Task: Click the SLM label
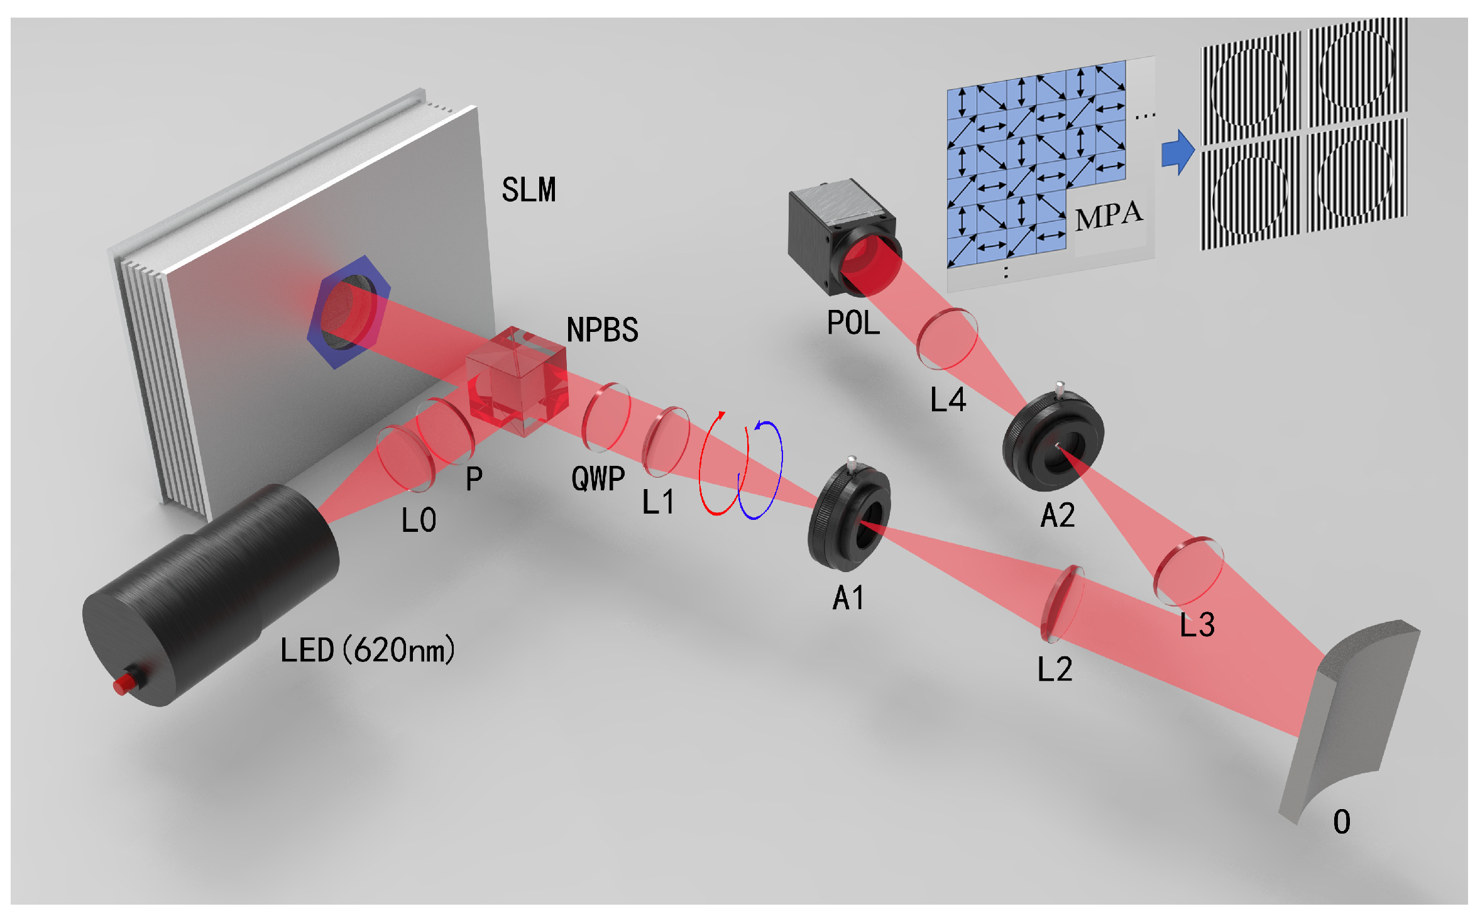coord(529,189)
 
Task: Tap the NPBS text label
coord(601,329)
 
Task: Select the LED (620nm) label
coord(367,650)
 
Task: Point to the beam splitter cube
coord(517,380)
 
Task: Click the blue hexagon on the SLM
coord(349,312)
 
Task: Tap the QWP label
coord(598,478)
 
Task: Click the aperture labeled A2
coord(1053,441)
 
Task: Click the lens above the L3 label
coord(1188,571)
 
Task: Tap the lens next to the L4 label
coord(946,338)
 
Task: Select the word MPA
coord(1108,216)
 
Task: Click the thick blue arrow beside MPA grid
coord(1176,152)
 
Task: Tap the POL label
coord(853,323)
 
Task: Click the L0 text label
coord(419,521)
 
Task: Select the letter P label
coord(474,479)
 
